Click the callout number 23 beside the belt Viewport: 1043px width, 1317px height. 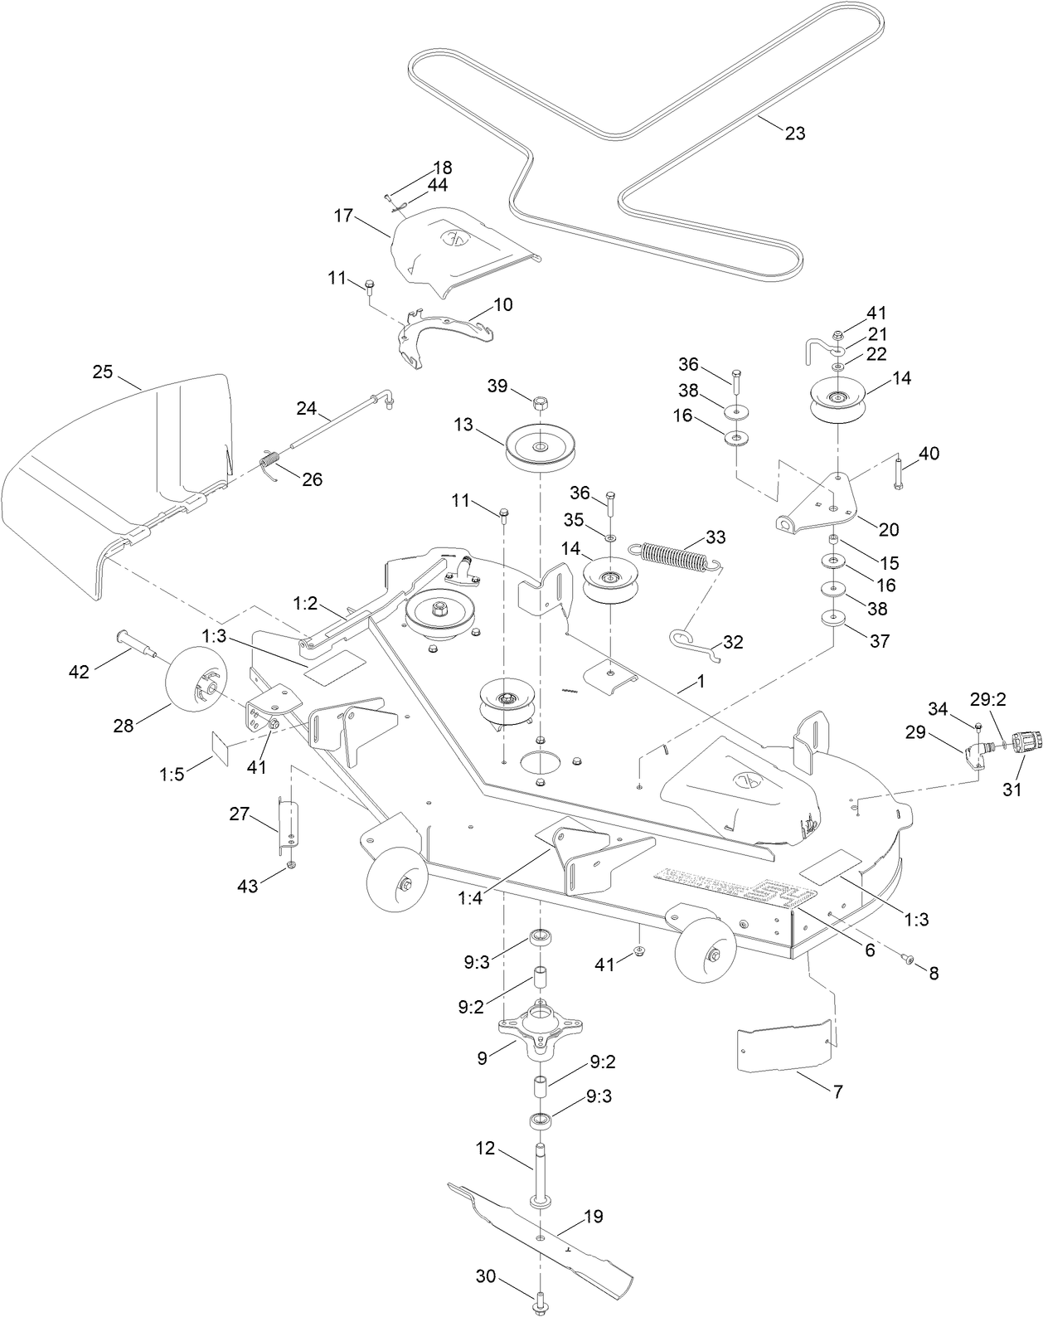pos(794,133)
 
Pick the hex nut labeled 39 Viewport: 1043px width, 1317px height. pos(539,403)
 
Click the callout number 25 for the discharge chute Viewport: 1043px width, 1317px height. pos(102,372)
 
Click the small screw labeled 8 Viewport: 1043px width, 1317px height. pos(909,960)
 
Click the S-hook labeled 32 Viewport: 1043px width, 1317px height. pos(693,644)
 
